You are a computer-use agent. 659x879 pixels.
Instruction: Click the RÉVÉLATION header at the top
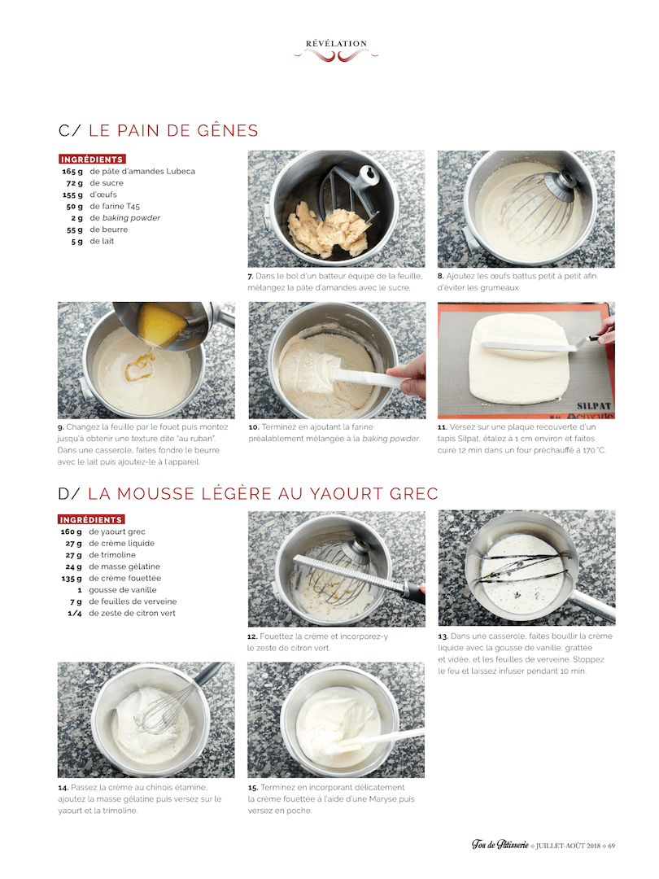click(336, 44)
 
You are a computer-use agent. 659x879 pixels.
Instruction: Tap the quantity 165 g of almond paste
click(72, 172)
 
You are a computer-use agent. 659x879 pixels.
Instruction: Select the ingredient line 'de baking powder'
click(125, 218)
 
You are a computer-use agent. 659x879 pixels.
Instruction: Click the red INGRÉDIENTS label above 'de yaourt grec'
click(91, 519)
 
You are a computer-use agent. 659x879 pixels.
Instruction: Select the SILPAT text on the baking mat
click(594, 406)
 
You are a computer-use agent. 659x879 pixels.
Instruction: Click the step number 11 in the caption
click(443, 427)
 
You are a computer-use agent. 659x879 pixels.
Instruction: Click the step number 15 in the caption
click(253, 788)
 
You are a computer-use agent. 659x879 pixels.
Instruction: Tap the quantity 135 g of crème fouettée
click(72, 579)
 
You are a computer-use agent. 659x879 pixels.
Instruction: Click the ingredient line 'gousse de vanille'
click(122, 590)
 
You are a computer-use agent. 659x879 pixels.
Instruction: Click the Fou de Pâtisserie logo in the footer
click(500, 844)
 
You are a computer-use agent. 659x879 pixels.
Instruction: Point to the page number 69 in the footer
click(611, 846)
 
